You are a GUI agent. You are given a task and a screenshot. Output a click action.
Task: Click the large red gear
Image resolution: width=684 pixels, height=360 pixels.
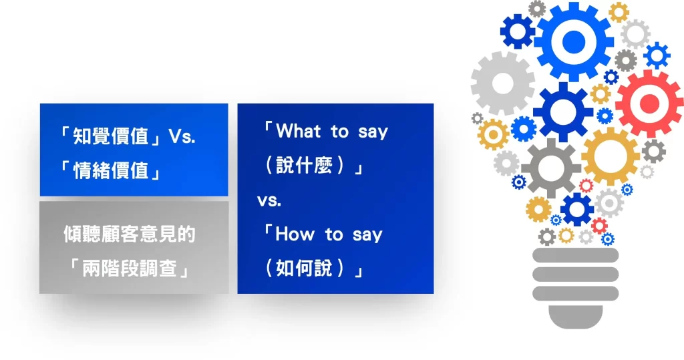(x=649, y=104)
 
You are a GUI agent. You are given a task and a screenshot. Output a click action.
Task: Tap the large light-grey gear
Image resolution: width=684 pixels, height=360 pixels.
(x=502, y=83)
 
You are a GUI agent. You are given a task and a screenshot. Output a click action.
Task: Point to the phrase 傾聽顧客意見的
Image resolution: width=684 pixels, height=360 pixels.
(x=130, y=234)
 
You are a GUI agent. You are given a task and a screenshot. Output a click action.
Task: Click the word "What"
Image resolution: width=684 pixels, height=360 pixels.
(x=299, y=132)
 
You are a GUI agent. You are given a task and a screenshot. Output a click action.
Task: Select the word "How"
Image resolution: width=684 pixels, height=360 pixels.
(x=295, y=234)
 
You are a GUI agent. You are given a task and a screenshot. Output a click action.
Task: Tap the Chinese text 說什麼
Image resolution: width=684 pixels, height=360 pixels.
(x=309, y=166)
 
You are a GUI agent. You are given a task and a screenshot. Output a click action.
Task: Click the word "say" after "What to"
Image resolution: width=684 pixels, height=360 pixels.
(x=372, y=132)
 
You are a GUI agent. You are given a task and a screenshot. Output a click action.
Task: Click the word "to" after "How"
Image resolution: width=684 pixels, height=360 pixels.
(x=333, y=234)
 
